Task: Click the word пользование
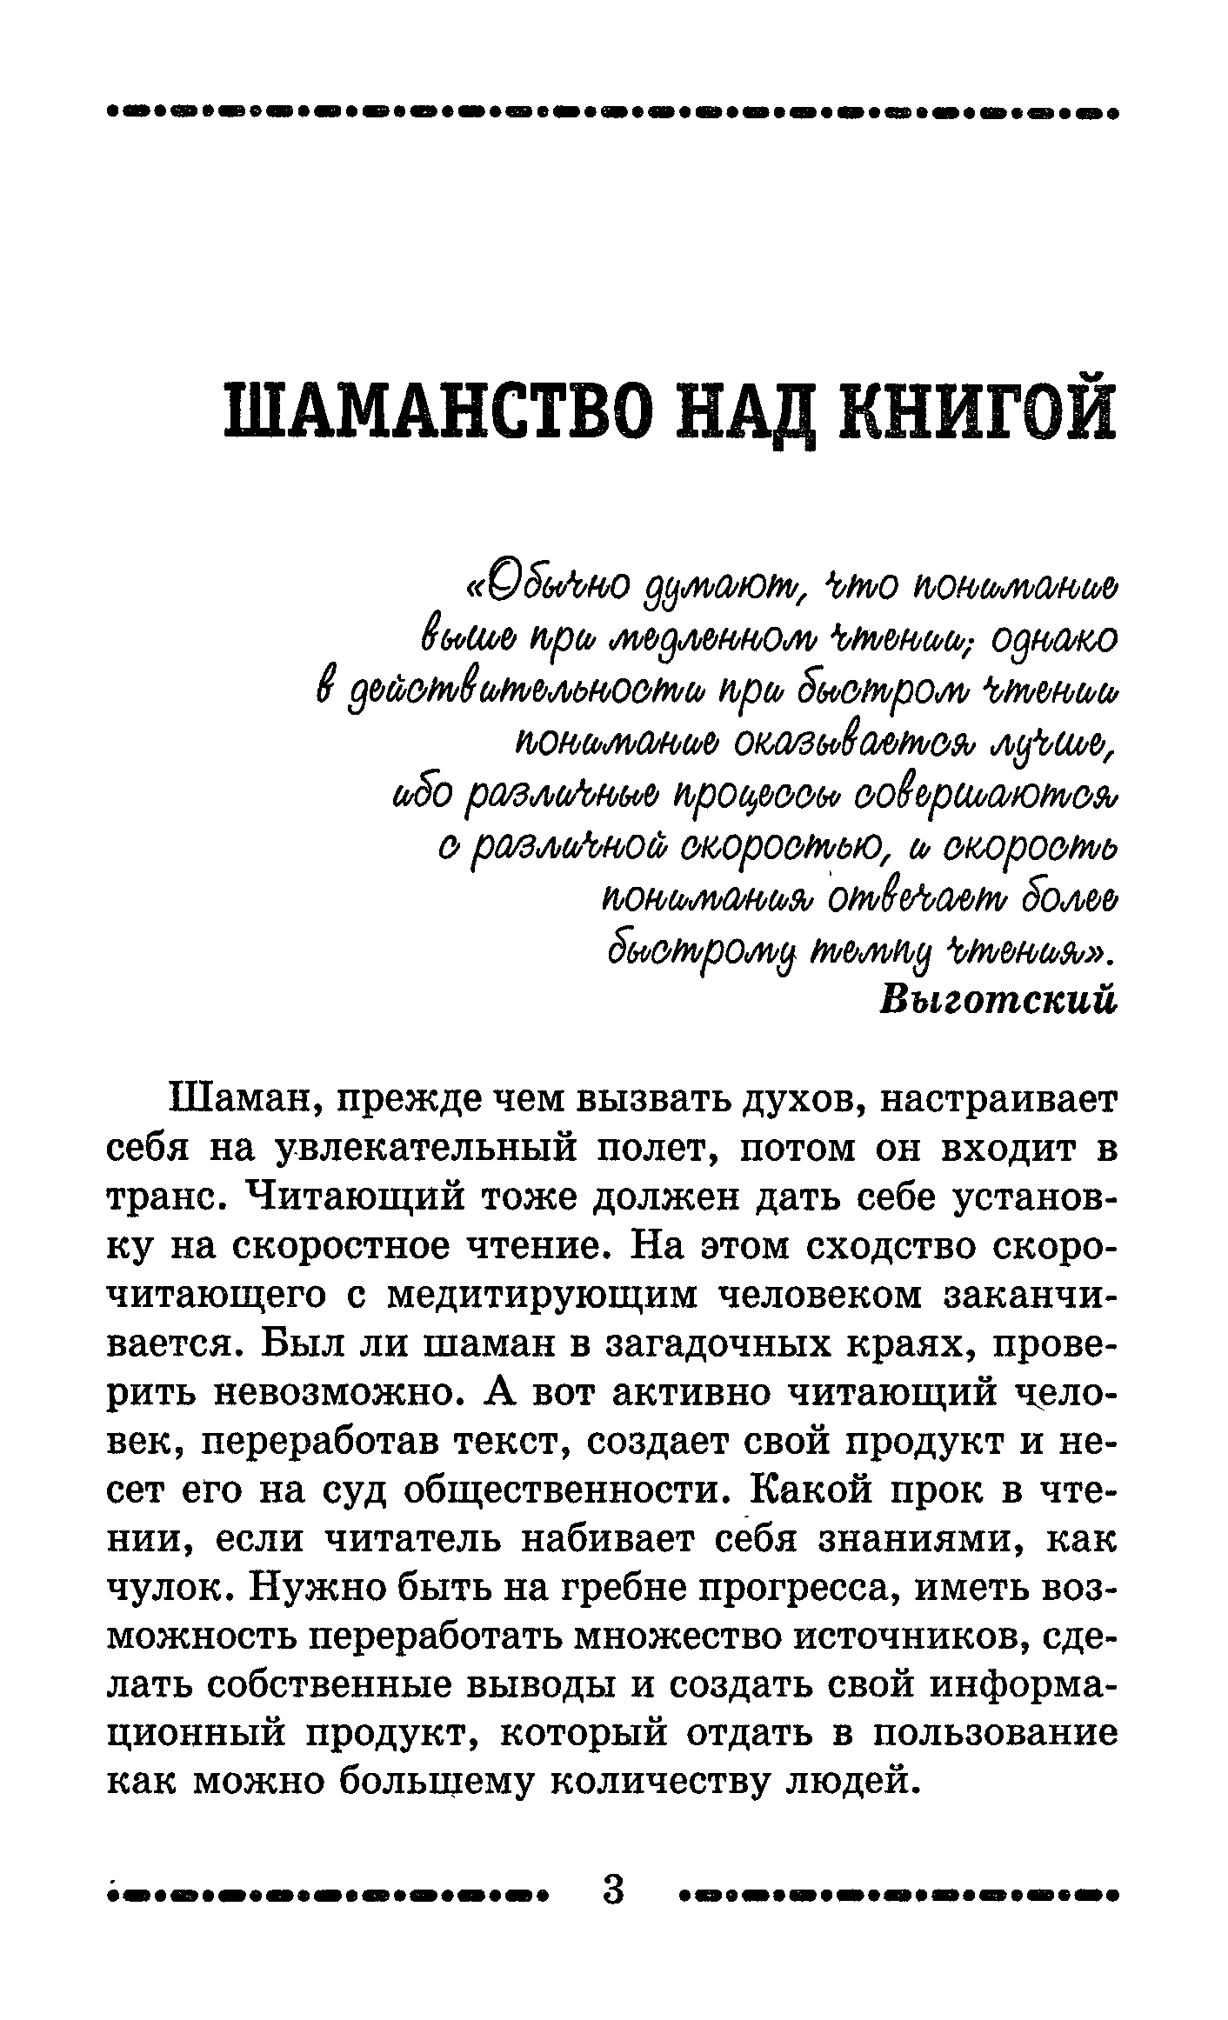tap(994, 1737)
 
